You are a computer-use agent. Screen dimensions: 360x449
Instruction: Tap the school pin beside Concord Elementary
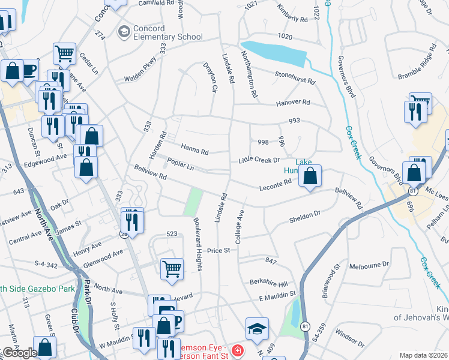(x=124, y=31)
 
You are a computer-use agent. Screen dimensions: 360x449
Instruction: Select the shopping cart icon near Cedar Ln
(x=64, y=53)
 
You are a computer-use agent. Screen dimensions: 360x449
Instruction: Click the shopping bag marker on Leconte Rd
(x=310, y=176)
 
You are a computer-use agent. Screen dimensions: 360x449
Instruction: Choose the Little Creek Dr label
(x=259, y=160)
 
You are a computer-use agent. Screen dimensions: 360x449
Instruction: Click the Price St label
(x=219, y=250)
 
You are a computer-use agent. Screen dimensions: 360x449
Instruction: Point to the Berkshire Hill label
(x=269, y=283)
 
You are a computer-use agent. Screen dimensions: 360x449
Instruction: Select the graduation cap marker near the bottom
(x=257, y=328)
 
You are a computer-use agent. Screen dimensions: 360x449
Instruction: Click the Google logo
(x=19, y=353)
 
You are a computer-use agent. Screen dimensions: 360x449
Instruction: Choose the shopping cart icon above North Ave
(x=172, y=268)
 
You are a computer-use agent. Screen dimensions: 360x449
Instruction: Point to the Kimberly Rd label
(x=292, y=13)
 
